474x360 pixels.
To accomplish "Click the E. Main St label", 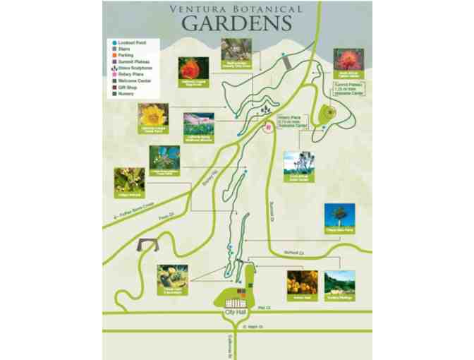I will (252, 327).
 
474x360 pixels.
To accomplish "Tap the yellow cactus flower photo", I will (152, 115).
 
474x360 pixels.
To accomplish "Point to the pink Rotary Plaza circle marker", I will (267, 128).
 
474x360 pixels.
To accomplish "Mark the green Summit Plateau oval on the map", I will (327, 114).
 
